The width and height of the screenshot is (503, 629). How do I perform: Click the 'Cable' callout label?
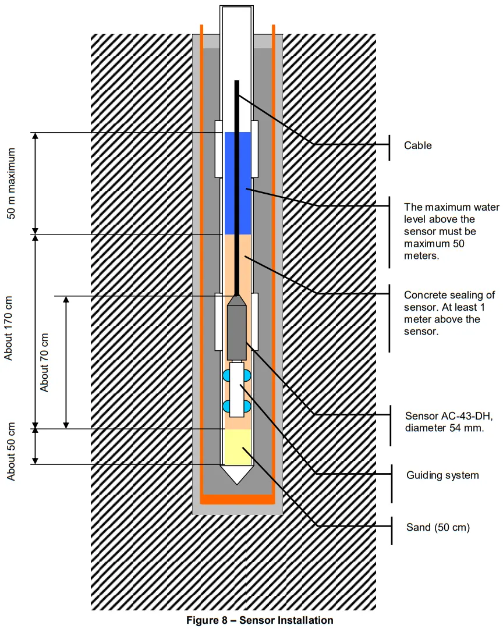(418, 145)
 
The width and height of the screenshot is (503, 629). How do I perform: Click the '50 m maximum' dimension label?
(10, 183)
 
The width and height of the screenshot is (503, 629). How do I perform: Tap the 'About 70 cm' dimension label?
(45, 361)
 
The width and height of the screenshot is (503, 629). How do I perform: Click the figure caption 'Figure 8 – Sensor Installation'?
(260, 620)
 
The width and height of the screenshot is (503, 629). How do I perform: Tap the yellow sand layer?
(238, 447)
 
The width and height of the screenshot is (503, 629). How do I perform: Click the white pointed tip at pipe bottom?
(238, 474)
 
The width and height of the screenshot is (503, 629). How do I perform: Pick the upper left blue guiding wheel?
(226, 376)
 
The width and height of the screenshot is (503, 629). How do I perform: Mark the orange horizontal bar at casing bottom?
(238, 499)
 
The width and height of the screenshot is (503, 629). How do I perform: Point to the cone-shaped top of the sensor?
(237, 300)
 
